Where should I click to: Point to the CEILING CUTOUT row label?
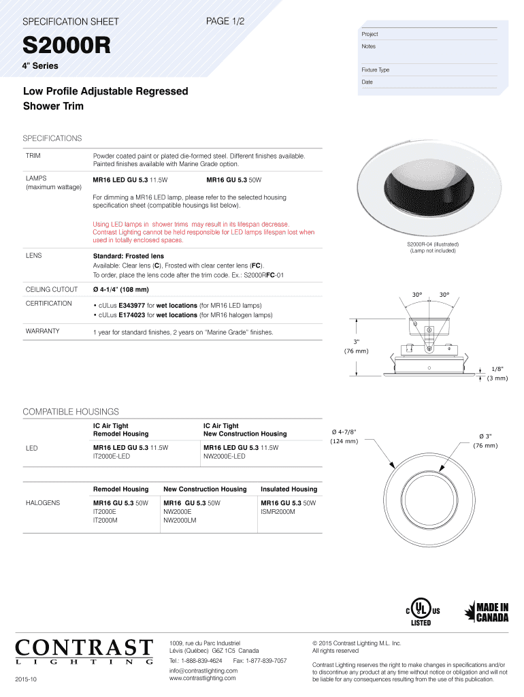pyautogui.click(x=52, y=289)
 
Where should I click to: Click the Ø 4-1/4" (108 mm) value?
pyautogui.click(x=121, y=289)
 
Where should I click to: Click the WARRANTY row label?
pyautogui.click(x=42, y=331)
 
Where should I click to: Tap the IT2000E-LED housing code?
pyautogui.click(x=111, y=456)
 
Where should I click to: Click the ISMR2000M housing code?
pyautogui.click(x=278, y=511)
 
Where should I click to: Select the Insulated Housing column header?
pyautogui.click(x=289, y=489)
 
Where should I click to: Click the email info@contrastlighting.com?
pyautogui.click(x=203, y=670)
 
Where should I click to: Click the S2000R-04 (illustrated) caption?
pyautogui.click(x=432, y=244)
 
